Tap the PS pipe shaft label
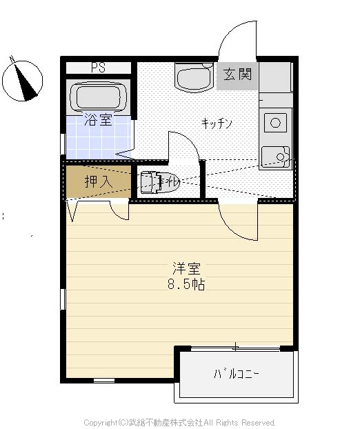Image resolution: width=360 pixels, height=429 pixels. click(98, 68)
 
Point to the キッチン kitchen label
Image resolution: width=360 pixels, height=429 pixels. click(217, 123)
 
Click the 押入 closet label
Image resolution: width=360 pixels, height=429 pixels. click(97, 182)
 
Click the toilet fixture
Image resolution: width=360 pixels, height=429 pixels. click(159, 183)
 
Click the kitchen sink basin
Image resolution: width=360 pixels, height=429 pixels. click(275, 157)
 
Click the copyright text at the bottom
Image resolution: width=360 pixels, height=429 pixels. click(179, 422)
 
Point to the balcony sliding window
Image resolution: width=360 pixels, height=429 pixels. click(236, 348)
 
